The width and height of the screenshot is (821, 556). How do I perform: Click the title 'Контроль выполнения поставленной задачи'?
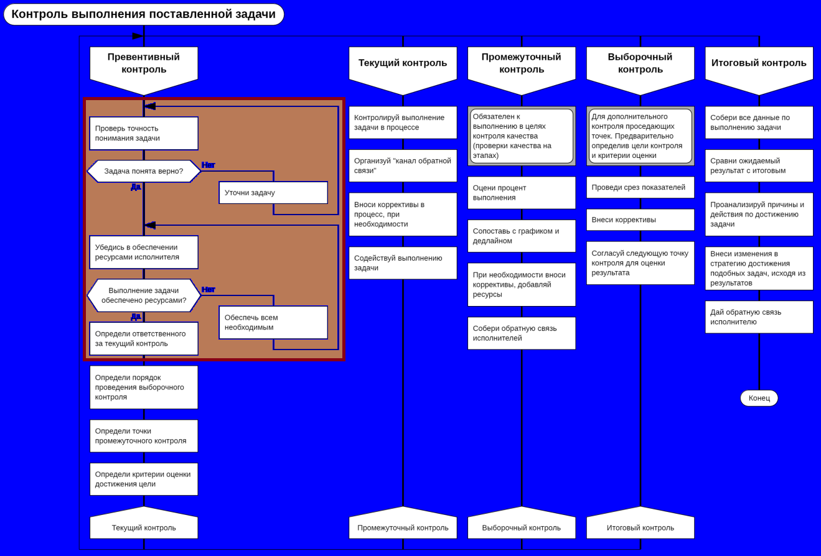tap(144, 14)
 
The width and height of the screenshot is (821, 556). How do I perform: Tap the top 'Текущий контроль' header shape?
tap(403, 63)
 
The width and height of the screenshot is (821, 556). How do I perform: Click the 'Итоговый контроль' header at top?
tap(759, 63)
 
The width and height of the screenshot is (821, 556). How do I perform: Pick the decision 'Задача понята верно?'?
tap(144, 171)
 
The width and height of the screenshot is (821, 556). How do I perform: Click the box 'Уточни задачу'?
tap(273, 193)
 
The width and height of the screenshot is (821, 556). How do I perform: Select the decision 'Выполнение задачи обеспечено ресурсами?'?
tap(144, 295)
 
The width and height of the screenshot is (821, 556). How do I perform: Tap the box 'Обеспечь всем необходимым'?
tap(273, 322)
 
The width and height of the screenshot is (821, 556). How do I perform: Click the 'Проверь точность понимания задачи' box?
tap(144, 133)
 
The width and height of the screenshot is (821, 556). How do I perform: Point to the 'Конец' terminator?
tap(759, 398)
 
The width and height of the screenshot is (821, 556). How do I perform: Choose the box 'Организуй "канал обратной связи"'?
tap(403, 165)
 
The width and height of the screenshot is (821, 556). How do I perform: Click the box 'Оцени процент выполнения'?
tap(522, 193)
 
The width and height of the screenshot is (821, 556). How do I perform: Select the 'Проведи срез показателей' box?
tap(640, 187)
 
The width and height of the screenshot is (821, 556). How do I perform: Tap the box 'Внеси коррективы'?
tap(640, 220)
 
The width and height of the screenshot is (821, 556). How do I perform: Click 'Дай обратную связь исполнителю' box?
tap(759, 317)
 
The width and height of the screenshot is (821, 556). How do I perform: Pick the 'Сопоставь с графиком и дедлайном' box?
tap(522, 236)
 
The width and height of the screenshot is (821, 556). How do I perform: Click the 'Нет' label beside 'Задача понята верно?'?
tap(209, 165)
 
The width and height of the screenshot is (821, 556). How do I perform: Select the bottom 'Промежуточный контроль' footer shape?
tap(403, 526)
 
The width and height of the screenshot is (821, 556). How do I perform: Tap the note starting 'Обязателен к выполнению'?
tap(522, 136)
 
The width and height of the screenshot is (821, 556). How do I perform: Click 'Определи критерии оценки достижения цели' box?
tap(144, 479)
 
